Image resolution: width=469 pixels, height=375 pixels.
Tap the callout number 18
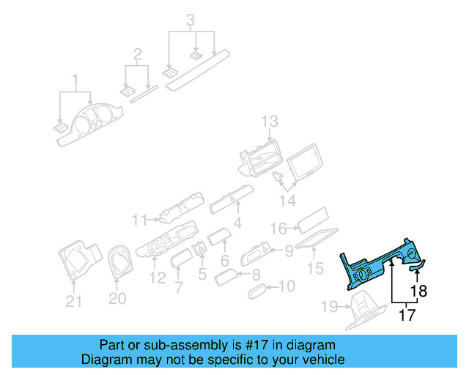[x=417, y=290]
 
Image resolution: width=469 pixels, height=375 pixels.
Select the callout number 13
[x=270, y=121]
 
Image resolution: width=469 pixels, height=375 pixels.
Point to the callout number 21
[x=74, y=299]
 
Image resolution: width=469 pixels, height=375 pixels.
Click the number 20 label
[x=117, y=299]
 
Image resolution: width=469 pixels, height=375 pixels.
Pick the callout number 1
[x=75, y=78]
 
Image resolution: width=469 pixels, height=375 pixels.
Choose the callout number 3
[x=191, y=20]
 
